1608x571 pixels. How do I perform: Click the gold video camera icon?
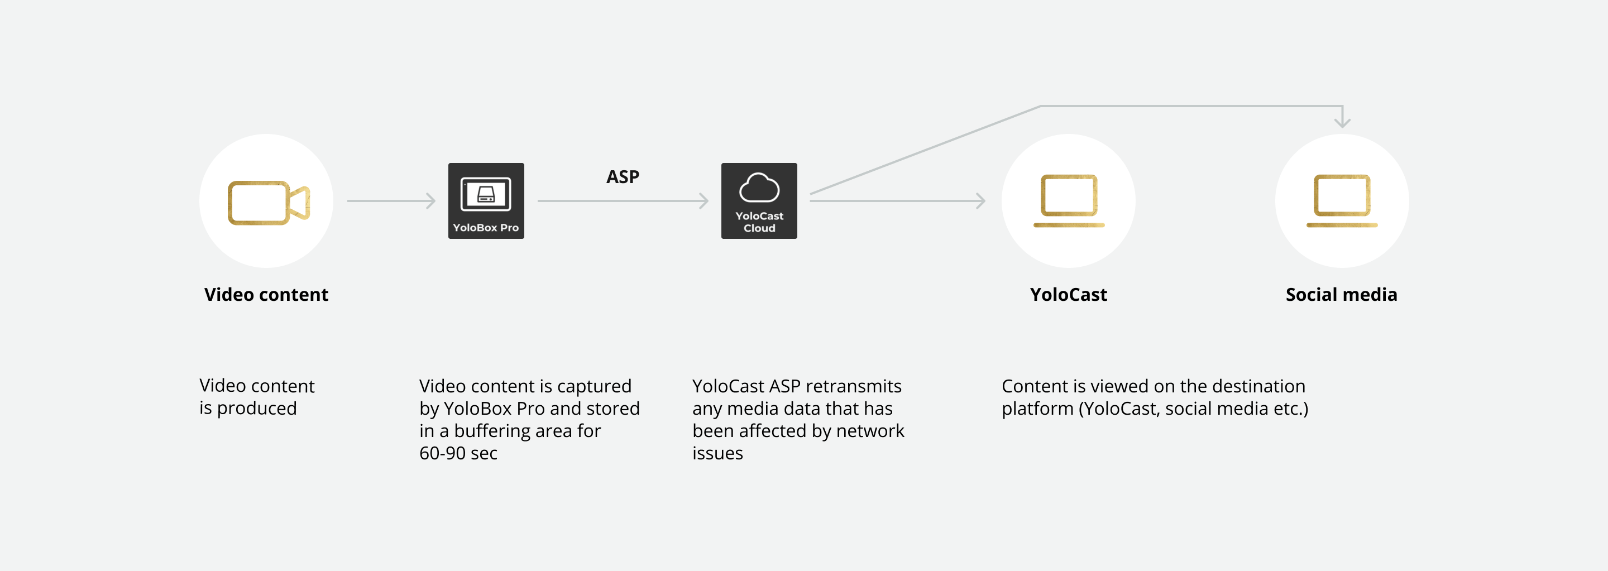(x=269, y=203)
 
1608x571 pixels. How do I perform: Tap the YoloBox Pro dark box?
(x=486, y=201)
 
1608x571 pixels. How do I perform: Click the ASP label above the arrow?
(x=623, y=177)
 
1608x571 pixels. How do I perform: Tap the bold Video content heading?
(x=266, y=295)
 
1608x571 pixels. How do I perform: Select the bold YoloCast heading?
(x=1068, y=295)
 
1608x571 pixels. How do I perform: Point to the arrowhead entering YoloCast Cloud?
(x=704, y=201)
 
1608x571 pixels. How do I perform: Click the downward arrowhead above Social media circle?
(x=1342, y=122)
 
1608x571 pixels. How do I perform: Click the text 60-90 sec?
(x=458, y=453)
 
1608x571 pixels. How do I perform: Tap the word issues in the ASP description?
(x=717, y=453)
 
